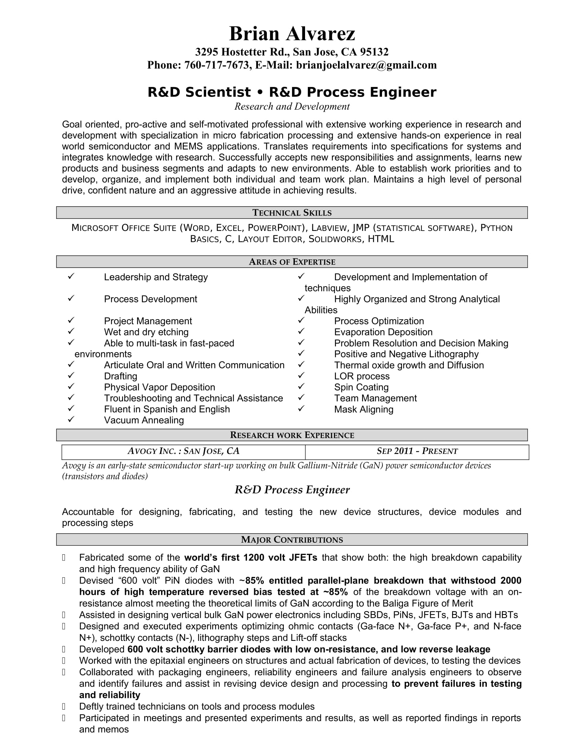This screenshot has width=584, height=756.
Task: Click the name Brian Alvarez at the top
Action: click(x=292, y=34)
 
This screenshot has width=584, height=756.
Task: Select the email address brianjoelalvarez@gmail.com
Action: click(x=366, y=65)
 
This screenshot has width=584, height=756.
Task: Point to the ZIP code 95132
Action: click(x=374, y=52)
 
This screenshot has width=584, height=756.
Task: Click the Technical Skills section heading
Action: click(x=292, y=212)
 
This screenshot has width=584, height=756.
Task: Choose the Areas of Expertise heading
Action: click(x=292, y=262)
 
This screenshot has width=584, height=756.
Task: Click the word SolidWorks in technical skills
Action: click(x=335, y=239)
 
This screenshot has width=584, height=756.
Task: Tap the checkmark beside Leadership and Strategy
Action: click(x=71, y=276)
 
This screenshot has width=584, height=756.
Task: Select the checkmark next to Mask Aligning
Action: click(x=301, y=409)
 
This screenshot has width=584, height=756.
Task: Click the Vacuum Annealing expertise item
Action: click(x=144, y=420)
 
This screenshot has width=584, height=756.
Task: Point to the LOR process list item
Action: click(x=361, y=376)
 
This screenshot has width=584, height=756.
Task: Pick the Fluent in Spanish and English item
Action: click(x=167, y=409)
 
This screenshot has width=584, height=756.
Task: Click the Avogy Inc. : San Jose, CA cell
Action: click(x=183, y=451)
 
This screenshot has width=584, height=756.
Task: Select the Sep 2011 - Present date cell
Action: click(x=417, y=451)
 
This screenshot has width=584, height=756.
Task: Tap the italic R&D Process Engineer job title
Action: click(x=292, y=490)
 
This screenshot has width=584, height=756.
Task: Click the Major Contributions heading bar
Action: click(x=292, y=540)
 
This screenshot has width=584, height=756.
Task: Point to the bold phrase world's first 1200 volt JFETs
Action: click(x=250, y=558)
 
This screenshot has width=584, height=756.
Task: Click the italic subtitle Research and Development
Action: click(x=292, y=107)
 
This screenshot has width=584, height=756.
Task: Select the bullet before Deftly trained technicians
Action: click(x=64, y=707)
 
